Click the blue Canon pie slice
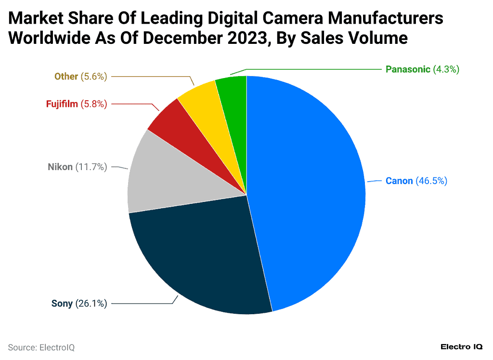308,193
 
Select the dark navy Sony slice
202,260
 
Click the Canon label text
399,181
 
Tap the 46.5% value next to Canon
431,181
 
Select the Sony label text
62,303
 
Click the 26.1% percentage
91,303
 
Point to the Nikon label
60,167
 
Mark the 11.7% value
91,167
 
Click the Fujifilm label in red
62,104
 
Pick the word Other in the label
66,76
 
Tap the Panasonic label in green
408,69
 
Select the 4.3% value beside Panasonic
446,69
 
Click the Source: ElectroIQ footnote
41,347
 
